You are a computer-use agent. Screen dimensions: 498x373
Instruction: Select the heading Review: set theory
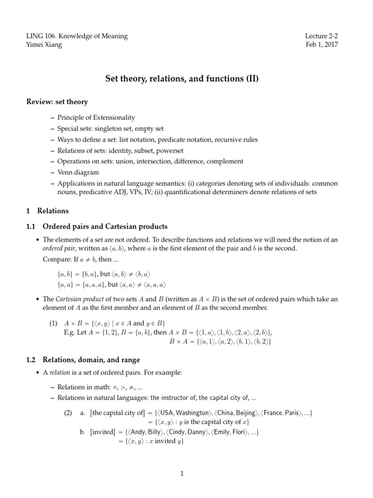click(x=57, y=102)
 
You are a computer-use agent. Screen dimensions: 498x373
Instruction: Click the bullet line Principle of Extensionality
click(x=96, y=118)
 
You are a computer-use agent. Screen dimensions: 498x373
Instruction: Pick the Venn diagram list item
click(x=78, y=172)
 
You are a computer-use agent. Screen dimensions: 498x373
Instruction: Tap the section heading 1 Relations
click(x=47, y=211)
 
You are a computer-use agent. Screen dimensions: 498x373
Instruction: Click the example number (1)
click(x=55, y=323)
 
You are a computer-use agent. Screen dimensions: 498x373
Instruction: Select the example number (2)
click(x=68, y=413)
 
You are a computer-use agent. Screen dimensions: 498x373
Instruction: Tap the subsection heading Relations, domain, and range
click(x=91, y=360)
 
